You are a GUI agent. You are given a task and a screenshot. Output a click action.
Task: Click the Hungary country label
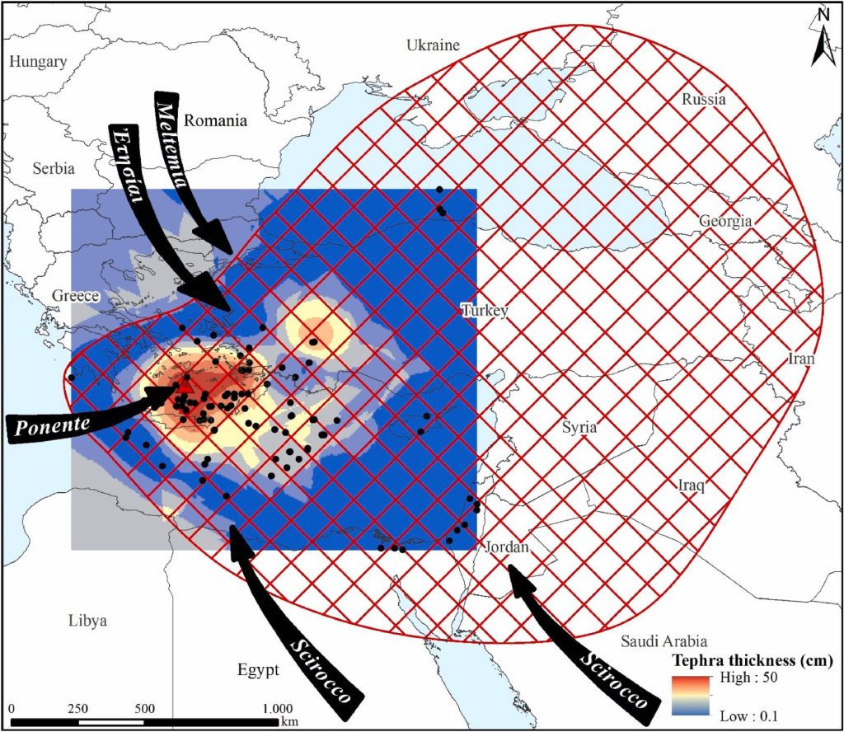[x=39, y=62]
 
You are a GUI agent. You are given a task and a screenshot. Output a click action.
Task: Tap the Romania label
[x=215, y=120]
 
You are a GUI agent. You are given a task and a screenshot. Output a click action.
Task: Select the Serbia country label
[x=54, y=168]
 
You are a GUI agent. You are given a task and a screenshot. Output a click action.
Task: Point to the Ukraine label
[x=433, y=45]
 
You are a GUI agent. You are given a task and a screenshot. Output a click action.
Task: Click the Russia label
[x=704, y=99]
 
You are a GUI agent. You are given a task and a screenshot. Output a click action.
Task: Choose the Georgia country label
[x=725, y=221]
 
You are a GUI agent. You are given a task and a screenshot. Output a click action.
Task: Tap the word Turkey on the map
[x=485, y=311]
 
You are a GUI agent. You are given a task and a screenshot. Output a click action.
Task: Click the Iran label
[x=801, y=359]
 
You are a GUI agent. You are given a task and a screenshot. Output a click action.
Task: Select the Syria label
[x=579, y=427]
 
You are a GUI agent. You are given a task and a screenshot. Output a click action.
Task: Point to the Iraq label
[x=690, y=485]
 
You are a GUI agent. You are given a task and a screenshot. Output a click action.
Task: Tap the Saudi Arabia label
[x=663, y=640]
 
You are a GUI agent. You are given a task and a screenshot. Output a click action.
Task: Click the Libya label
[x=88, y=621]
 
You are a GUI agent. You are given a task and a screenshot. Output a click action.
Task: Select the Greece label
[x=76, y=296]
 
